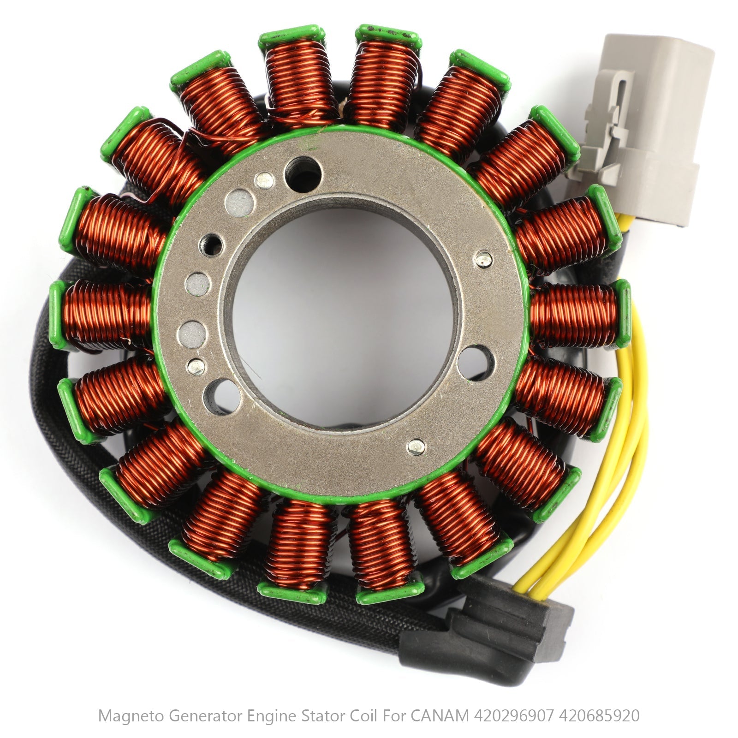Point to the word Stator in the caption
[x=319, y=716]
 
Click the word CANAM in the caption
[x=441, y=716]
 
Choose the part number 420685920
[x=600, y=716]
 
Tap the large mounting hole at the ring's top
[x=302, y=171]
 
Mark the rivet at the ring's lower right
[x=417, y=445]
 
